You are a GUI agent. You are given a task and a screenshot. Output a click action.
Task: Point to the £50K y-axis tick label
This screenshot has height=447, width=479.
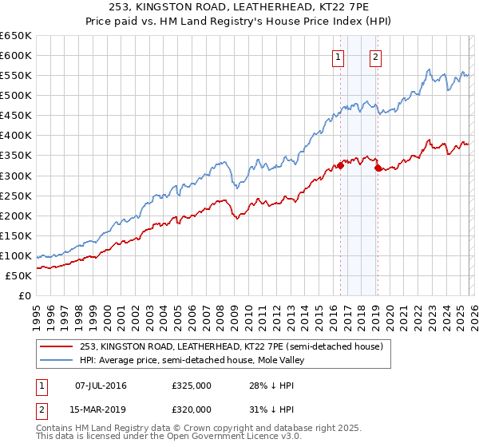pyautogui.click(x=19, y=275)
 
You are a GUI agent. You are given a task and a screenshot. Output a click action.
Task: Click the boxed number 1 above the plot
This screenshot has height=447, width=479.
pyautogui.click(x=338, y=57)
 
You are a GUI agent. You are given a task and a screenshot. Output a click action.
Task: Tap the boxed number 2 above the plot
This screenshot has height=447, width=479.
pyautogui.click(x=375, y=57)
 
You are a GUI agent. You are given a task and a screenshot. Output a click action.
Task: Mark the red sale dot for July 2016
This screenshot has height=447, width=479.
pyautogui.click(x=340, y=165)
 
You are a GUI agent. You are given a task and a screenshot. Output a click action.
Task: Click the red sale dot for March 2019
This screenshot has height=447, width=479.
pyautogui.click(x=378, y=168)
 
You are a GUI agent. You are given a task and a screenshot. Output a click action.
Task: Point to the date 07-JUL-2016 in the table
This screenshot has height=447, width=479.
pyautogui.click(x=101, y=386)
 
